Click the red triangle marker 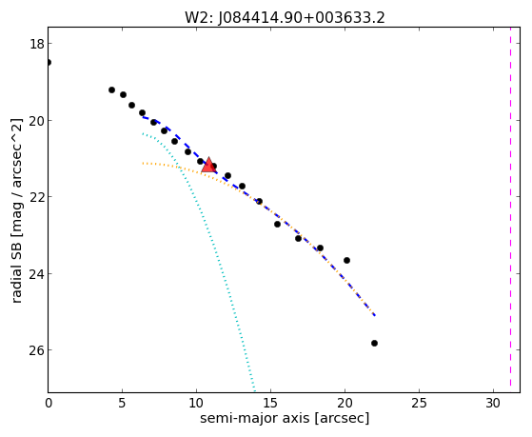coord(208,165)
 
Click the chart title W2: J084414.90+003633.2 coord(285,18)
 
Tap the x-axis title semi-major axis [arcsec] coord(285,418)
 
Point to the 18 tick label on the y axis coord(36,44)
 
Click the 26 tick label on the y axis coord(36,350)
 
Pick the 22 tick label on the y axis coord(36,197)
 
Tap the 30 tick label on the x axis coord(493,403)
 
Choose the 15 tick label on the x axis coord(270,403)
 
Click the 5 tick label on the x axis coord(122,403)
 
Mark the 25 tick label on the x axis coord(419,403)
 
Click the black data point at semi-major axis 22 coord(374,344)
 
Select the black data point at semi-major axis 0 coord(49,62)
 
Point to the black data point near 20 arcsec coord(346,261)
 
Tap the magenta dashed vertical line coord(510,209)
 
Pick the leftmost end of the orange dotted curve coord(143,164)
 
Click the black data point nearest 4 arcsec coord(111,90)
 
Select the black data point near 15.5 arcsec coord(277,224)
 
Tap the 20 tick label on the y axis coord(36,121)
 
